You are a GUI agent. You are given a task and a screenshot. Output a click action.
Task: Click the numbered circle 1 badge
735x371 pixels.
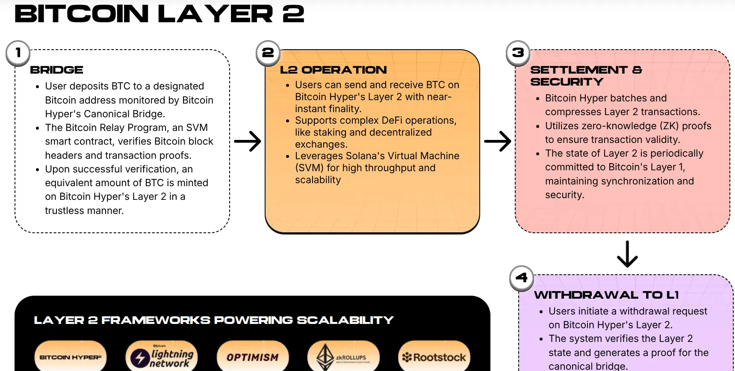coord(18,53)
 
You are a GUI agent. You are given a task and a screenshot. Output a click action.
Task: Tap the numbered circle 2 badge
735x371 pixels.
coord(268,53)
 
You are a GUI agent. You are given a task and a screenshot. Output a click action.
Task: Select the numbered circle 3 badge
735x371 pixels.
coord(518,53)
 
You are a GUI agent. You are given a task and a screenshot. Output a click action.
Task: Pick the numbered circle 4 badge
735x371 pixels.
coord(522,278)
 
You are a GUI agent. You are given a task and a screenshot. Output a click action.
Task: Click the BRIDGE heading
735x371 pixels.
coord(56,70)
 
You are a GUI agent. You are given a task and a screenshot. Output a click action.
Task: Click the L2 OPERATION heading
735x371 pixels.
coord(333,70)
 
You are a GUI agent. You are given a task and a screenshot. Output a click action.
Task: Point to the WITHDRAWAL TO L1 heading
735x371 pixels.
coord(606,295)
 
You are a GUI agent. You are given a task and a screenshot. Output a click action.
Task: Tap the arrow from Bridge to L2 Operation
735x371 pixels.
coord(248,141)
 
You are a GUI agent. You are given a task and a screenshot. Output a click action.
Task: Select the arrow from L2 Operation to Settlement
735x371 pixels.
coord(498,141)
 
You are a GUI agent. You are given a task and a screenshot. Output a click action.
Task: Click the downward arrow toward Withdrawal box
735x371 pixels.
coord(627,254)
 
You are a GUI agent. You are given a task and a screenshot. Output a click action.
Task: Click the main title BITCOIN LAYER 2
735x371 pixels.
coord(159,14)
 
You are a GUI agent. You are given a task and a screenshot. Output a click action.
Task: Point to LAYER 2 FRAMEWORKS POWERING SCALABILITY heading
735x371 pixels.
coord(213,320)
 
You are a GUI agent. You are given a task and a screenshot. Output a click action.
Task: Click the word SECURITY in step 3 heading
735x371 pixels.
coord(567,82)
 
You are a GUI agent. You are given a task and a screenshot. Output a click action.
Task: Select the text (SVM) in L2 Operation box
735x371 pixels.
coord(309,168)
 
